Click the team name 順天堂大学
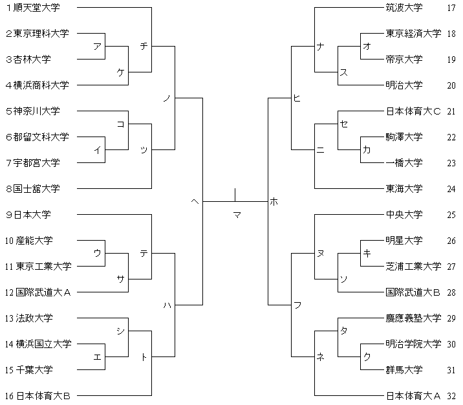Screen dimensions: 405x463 (40, 8)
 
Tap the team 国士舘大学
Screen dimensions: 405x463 (40, 189)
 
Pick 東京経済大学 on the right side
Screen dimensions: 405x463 (413, 34)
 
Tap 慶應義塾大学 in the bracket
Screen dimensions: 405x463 (413, 318)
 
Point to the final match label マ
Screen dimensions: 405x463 (237, 215)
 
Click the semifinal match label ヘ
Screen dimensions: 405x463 (195, 202)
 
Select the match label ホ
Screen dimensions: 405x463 (274, 202)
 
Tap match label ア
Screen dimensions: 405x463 (97, 47)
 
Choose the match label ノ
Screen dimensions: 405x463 (167, 98)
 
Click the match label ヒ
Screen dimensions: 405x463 (297, 98)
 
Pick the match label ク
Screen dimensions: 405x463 (367, 357)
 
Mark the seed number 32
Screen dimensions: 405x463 (451, 396)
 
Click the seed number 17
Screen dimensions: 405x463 (451, 8)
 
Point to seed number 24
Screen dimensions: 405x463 (451, 189)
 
